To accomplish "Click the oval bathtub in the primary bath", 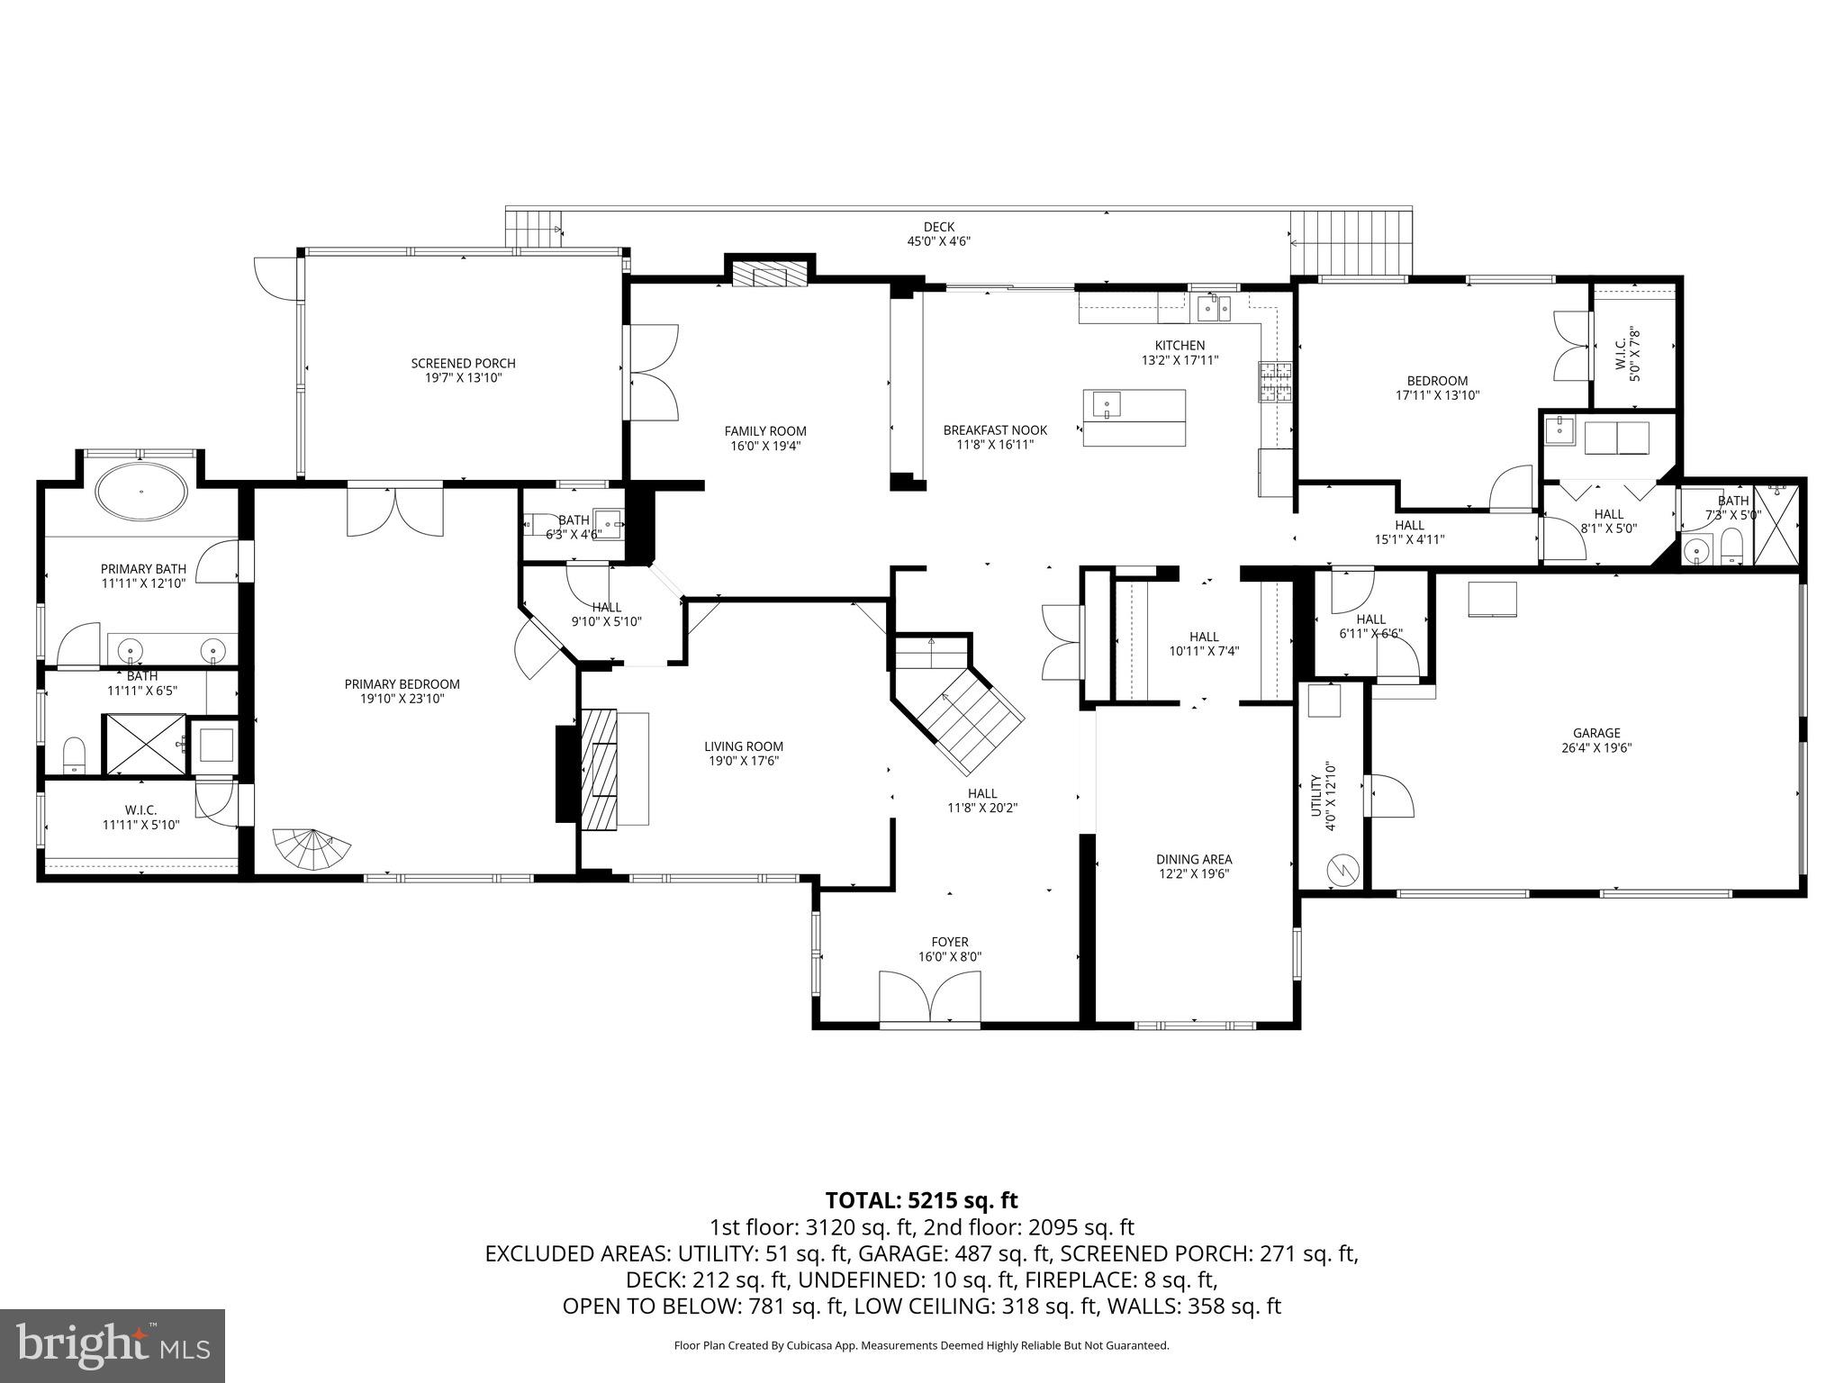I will [142, 492].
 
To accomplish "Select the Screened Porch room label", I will [463, 364].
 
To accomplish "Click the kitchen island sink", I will [1106, 404].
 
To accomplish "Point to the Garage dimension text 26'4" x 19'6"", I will [1596, 747].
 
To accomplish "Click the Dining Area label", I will [1194, 859].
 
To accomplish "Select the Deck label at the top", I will [938, 227].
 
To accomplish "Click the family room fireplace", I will [768, 275].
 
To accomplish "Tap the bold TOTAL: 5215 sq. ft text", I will [921, 1200].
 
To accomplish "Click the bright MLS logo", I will [113, 1347].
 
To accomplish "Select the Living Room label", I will [744, 746].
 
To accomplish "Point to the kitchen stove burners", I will [1274, 381].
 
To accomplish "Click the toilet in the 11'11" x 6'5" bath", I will [74, 754].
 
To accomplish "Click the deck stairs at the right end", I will [1351, 240].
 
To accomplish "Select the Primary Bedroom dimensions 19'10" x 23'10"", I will [402, 699].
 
